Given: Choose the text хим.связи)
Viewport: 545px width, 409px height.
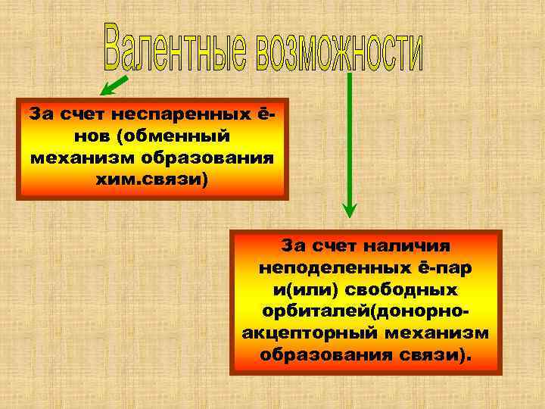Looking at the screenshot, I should (x=151, y=180).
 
